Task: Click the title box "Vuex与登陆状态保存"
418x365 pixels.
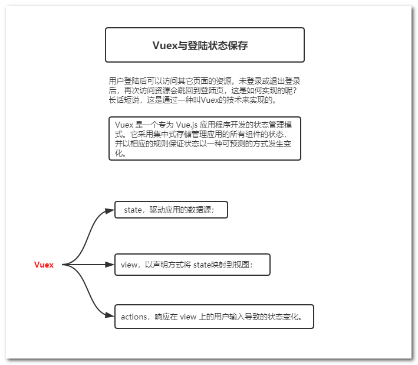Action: (x=205, y=45)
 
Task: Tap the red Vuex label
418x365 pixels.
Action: (x=44, y=265)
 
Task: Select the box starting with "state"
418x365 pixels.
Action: (x=171, y=210)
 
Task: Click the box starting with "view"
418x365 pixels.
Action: (x=192, y=265)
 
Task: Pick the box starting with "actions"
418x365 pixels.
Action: (x=214, y=317)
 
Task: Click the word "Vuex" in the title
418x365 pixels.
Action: (x=165, y=45)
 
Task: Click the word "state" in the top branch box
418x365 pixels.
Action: (x=133, y=210)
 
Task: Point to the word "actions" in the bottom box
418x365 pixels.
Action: (x=134, y=317)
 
